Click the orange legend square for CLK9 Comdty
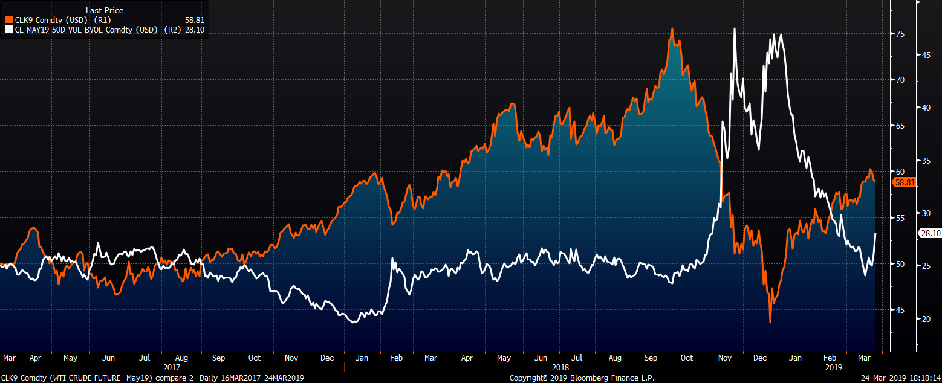pos(8,20)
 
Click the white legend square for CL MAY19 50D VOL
pos(8,28)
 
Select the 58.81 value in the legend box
pos(197,20)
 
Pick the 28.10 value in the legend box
pos(197,28)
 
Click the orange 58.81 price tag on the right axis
pos(904,182)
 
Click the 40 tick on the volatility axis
pos(926,108)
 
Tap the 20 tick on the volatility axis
pos(926,319)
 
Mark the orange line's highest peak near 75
pos(672,28)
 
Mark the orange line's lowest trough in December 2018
pos(770,322)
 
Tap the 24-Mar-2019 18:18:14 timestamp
pos(898,378)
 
